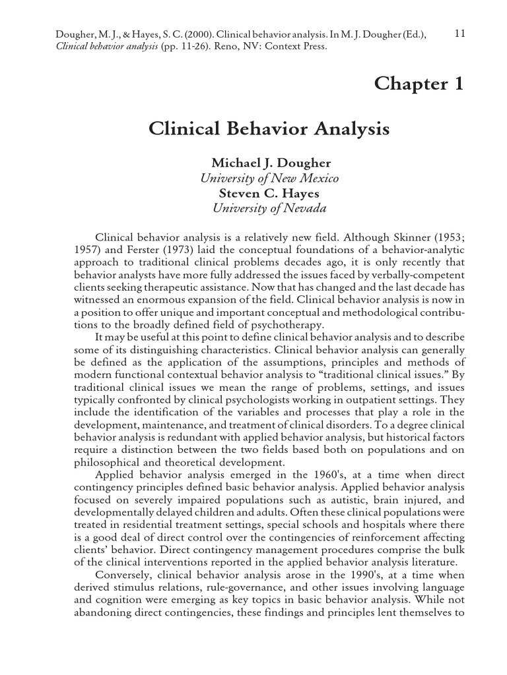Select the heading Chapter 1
419,84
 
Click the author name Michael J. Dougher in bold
269,163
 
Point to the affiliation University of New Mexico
269,179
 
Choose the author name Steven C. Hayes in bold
269,193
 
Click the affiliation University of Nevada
269,208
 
